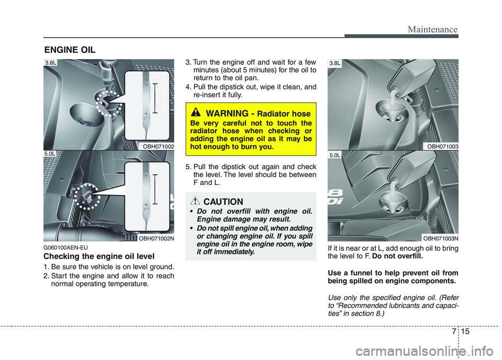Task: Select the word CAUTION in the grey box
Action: click(x=223, y=202)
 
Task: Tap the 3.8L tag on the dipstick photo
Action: click(x=51, y=63)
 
